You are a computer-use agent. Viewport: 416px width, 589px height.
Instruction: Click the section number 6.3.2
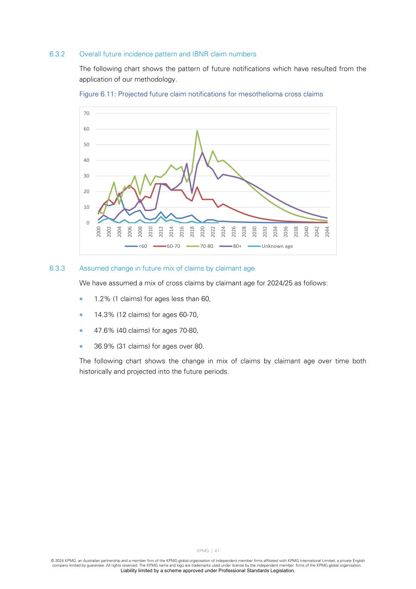click(57, 54)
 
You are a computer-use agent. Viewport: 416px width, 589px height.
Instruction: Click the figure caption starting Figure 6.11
click(201, 94)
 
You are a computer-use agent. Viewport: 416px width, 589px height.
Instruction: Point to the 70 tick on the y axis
click(87, 113)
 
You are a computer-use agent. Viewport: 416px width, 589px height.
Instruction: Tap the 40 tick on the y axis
click(87, 161)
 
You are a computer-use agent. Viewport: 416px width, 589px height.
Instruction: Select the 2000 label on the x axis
click(99, 232)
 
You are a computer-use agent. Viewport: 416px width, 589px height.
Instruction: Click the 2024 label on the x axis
click(223, 232)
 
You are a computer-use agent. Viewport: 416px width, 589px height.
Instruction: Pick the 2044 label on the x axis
click(327, 232)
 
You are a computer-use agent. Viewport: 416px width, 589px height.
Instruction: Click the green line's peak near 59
click(197, 131)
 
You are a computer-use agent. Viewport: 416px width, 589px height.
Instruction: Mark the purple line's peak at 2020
click(202, 152)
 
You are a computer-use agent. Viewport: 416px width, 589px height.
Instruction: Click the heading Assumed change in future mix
click(167, 268)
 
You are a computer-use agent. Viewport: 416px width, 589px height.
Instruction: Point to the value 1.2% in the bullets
click(102, 299)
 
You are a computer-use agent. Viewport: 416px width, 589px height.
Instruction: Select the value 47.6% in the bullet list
click(104, 331)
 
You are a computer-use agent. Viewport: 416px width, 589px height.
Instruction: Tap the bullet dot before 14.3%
click(81, 315)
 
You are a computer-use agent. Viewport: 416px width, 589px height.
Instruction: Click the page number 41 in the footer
click(217, 551)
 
